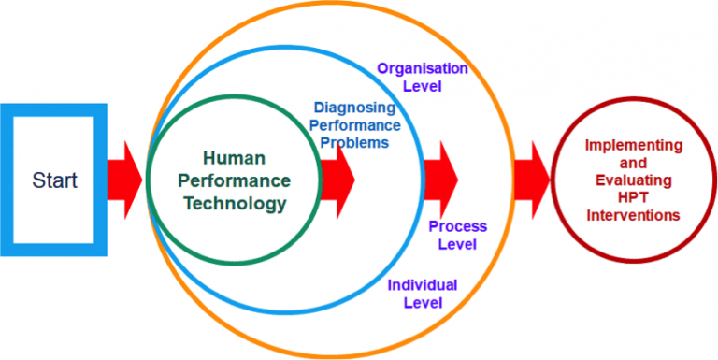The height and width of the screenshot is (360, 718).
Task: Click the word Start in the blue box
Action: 54,180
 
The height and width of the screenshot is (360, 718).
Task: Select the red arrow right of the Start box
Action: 122,178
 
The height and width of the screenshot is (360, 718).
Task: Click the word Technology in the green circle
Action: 235,202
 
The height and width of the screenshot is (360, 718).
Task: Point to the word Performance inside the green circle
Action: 235,180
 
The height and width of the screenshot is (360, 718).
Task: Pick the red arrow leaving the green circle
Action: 337,178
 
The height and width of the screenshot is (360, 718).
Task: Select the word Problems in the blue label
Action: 354,142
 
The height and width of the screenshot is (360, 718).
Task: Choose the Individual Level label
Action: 423,294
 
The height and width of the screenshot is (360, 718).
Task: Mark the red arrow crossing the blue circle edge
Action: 439,178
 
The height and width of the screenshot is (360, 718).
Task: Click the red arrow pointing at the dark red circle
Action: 530,178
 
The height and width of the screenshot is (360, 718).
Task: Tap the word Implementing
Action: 633,145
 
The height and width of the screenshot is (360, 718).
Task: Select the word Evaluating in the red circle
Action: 633,180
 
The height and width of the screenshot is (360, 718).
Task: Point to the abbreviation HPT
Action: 633,197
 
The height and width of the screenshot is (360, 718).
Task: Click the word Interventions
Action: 633,215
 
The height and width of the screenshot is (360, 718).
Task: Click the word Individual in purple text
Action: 423,285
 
